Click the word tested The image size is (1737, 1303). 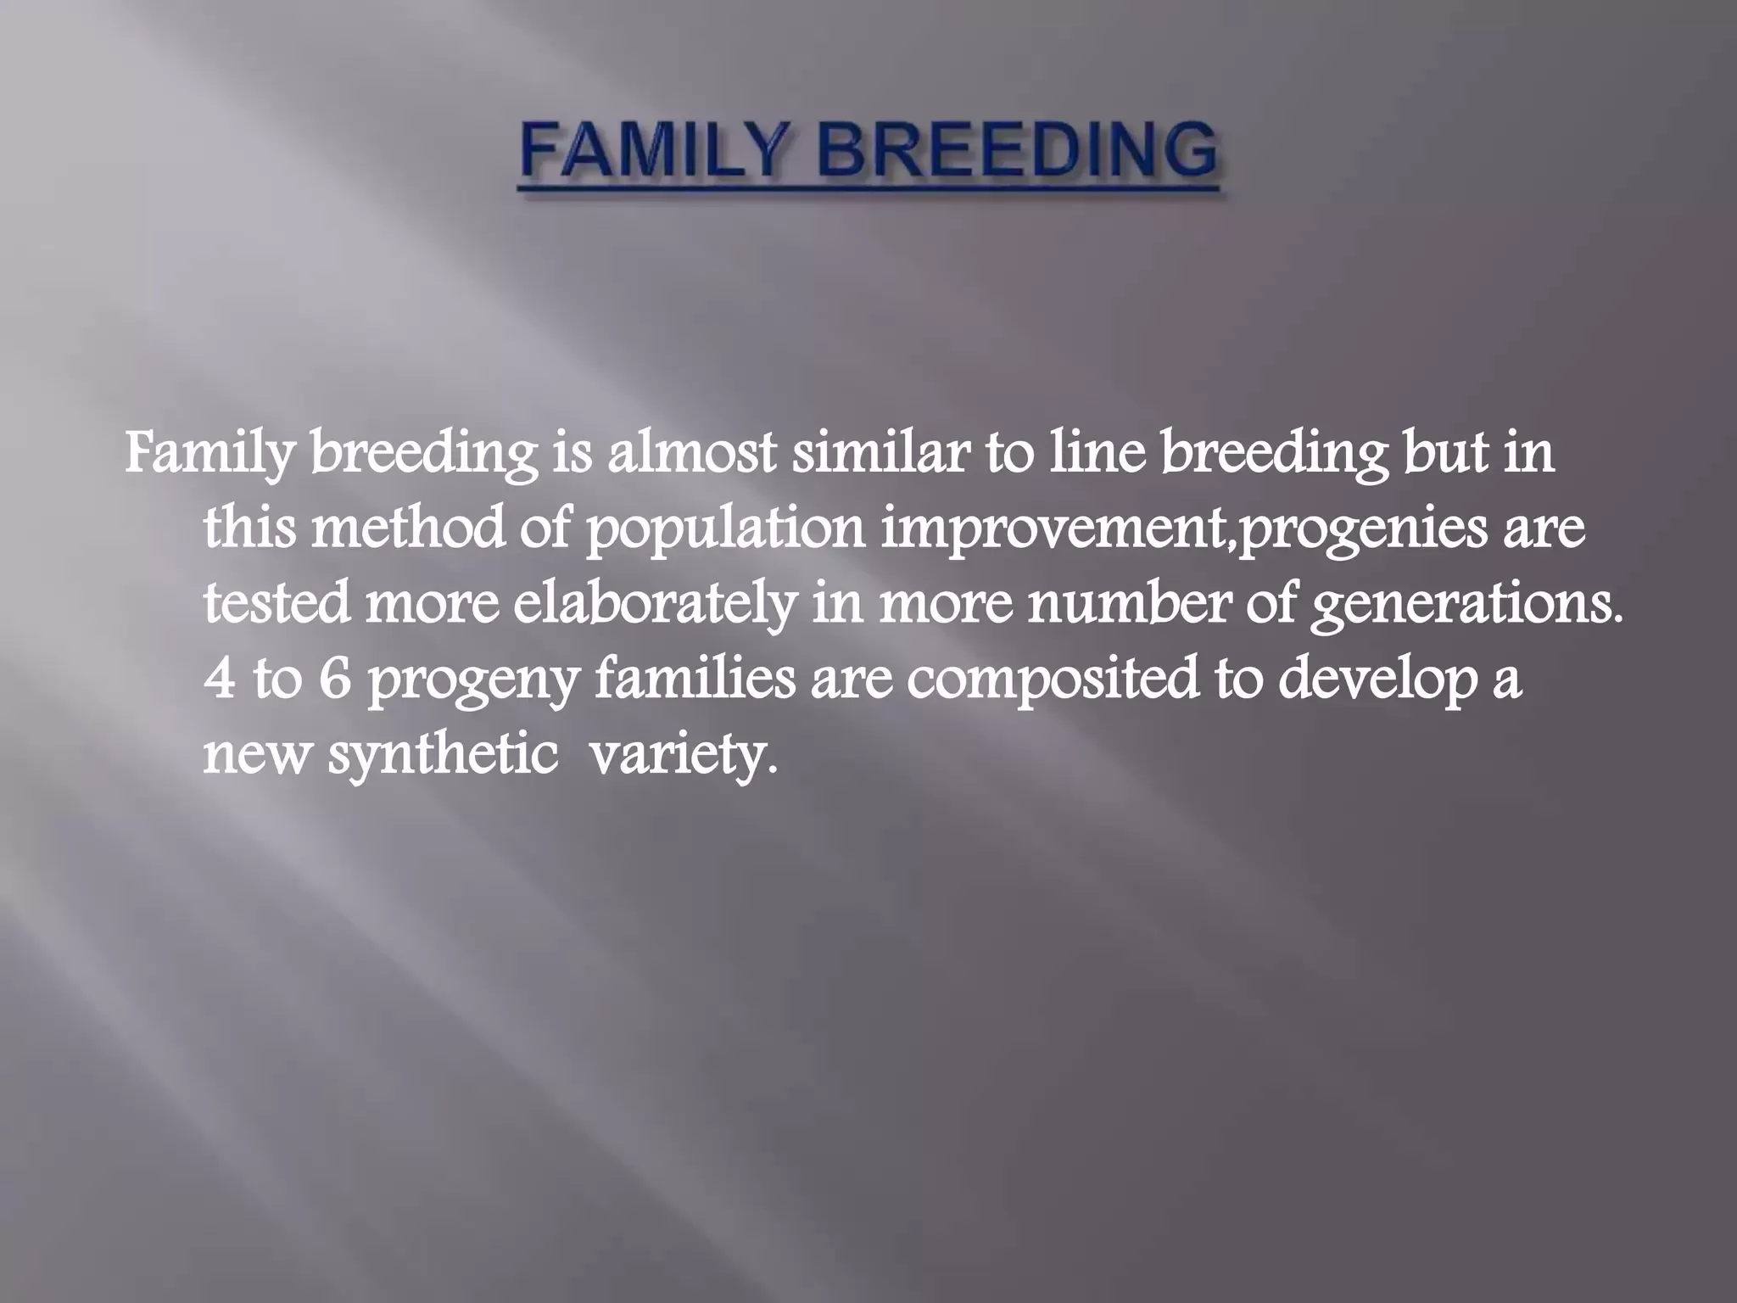[276, 601]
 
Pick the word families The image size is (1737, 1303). [695, 676]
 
